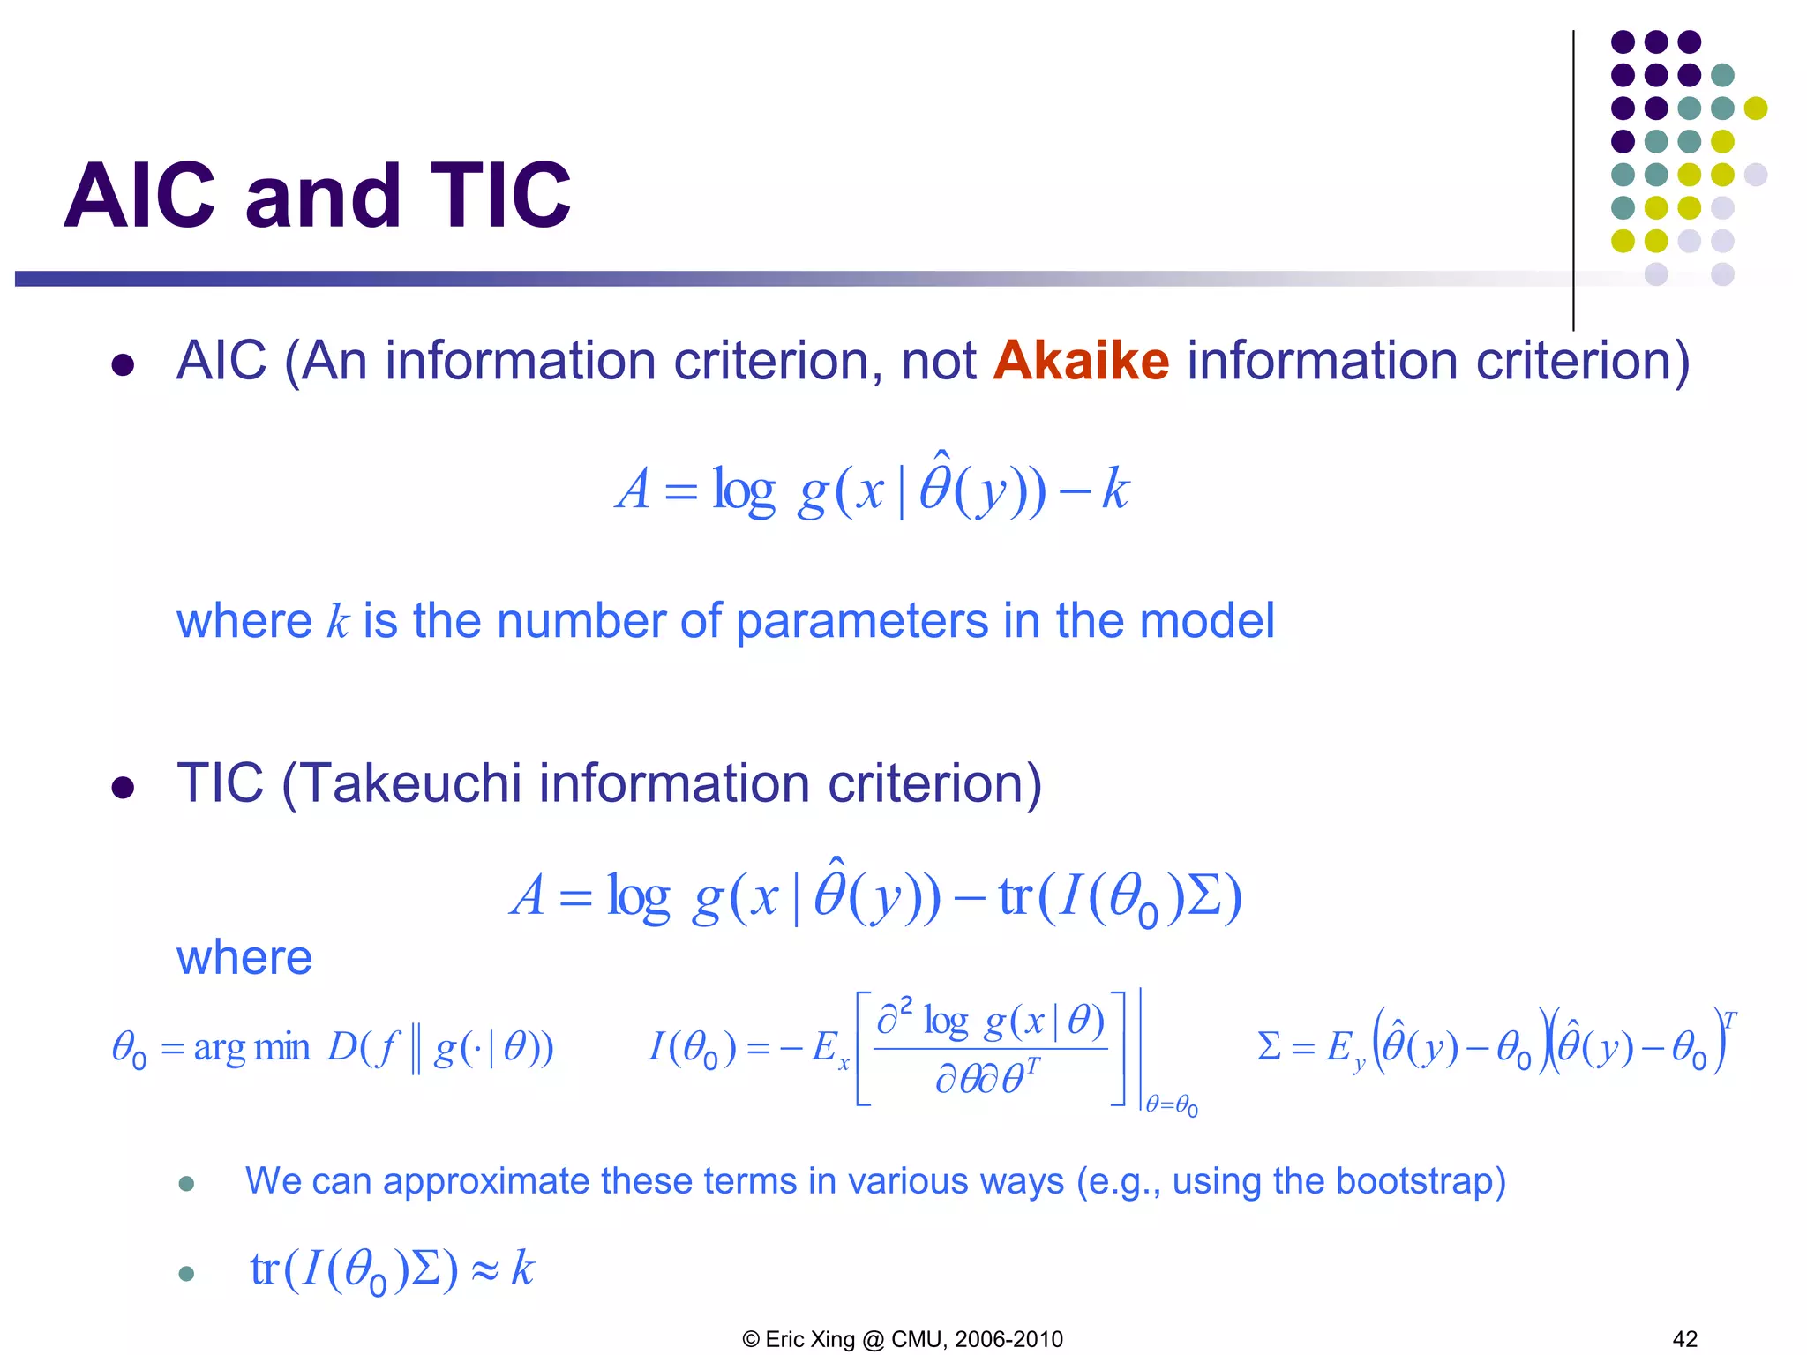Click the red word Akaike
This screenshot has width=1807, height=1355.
pyautogui.click(x=1081, y=361)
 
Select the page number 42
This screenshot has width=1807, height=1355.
pyautogui.click(x=1684, y=1339)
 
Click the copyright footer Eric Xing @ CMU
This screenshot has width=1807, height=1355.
pyautogui.click(x=903, y=1339)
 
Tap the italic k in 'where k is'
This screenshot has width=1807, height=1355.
pyautogui.click(x=337, y=621)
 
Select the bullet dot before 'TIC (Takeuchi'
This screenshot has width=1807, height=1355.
pyautogui.click(x=123, y=787)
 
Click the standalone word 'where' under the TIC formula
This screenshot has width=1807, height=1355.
pyautogui.click(x=244, y=957)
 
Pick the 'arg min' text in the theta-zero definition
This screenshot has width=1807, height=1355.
pyautogui.click(x=252, y=1048)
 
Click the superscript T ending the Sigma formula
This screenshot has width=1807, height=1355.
pyautogui.click(x=1729, y=1022)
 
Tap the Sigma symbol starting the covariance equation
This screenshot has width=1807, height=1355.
pyautogui.click(x=1269, y=1047)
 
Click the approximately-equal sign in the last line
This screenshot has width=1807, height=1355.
pyautogui.click(x=484, y=1270)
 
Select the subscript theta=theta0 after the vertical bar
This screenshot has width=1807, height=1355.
pyautogui.click(x=1172, y=1104)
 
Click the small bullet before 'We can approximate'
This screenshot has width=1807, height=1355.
pyautogui.click(x=186, y=1184)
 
